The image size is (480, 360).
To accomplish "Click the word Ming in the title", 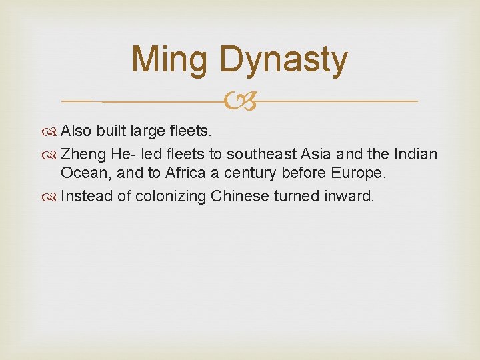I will [170, 59].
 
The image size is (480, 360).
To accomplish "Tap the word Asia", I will [316, 155].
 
